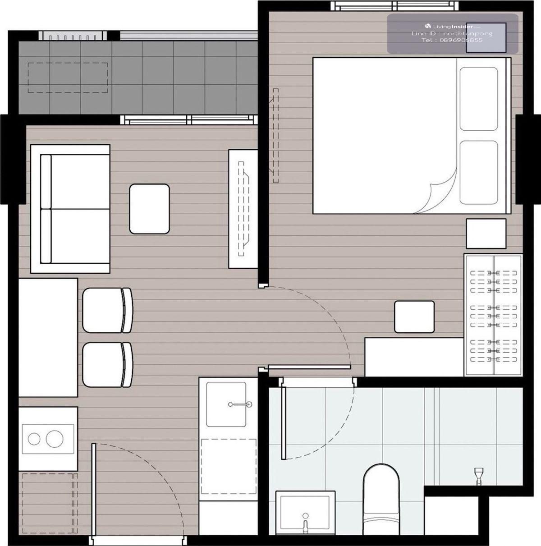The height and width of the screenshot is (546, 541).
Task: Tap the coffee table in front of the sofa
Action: [x=149, y=209]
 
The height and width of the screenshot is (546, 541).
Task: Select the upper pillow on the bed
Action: [x=479, y=99]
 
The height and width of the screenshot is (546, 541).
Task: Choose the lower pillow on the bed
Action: [x=479, y=172]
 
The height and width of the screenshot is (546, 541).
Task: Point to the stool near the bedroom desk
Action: [x=414, y=317]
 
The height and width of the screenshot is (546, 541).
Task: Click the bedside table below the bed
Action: [x=486, y=234]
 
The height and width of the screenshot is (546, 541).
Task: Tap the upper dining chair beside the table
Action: [x=107, y=310]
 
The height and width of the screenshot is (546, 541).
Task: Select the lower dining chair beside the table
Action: [x=107, y=365]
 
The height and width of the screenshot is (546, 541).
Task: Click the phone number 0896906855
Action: [x=452, y=40]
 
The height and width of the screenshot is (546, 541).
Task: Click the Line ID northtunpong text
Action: [x=452, y=33]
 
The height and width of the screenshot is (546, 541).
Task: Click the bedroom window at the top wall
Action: [x=394, y=6]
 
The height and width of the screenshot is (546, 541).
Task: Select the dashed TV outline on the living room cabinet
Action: [x=244, y=209]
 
